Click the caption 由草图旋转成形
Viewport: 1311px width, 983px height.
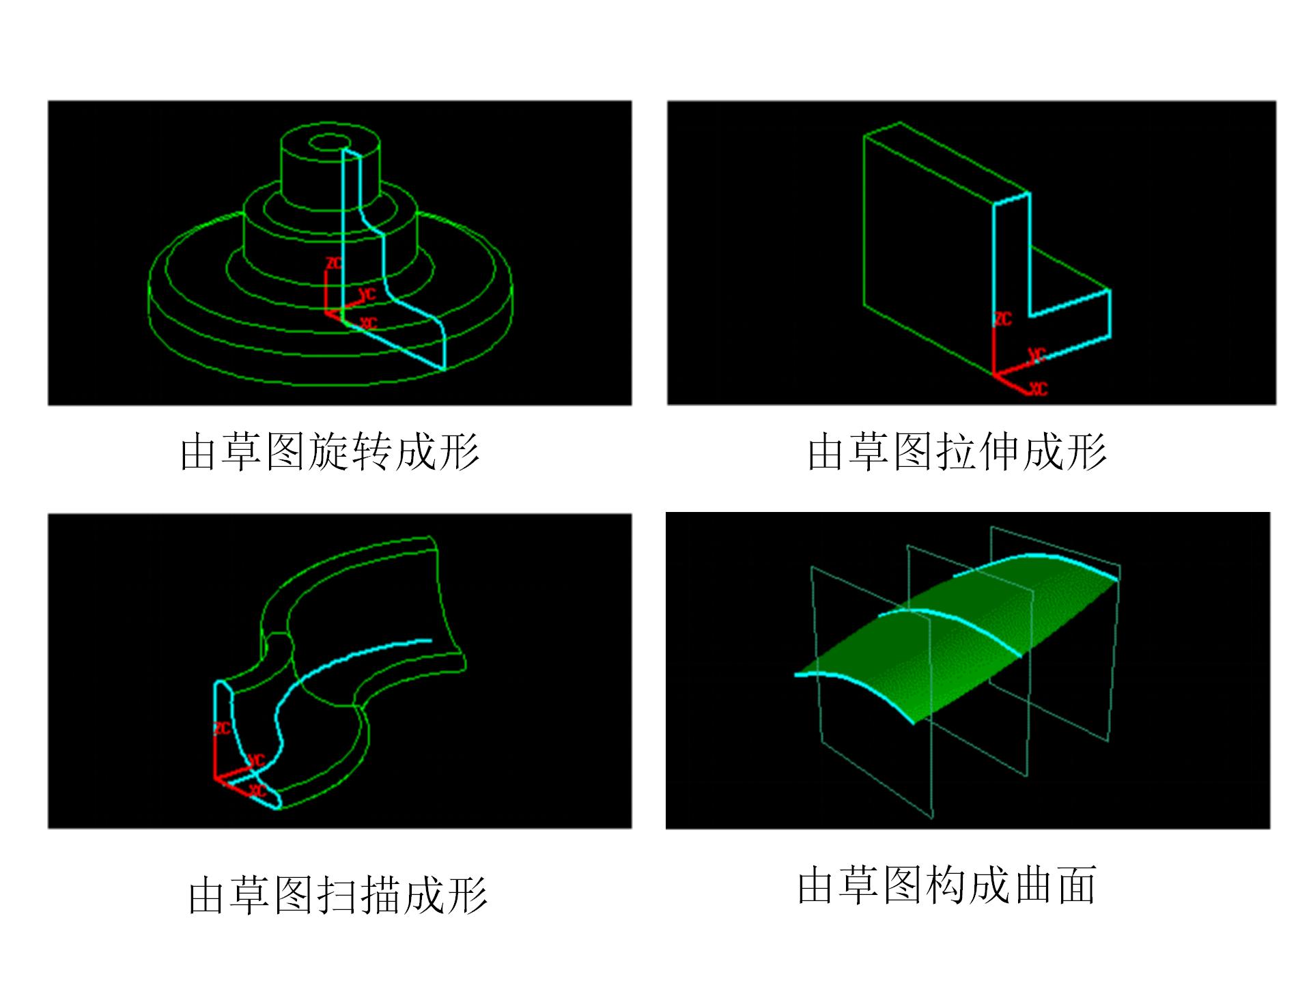pyautogui.click(x=329, y=451)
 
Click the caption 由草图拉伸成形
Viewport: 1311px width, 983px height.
pyautogui.click(x=956, y=451)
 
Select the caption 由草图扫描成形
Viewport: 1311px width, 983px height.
pyautogui.click(x=337, y=895)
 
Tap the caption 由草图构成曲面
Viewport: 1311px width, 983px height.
pyautogui.click(x=946, y=885)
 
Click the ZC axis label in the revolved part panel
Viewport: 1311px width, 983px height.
pyautogui.click(x=334, y=263)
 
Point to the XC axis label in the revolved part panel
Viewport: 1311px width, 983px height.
pyautogui.click(x=369, y=322)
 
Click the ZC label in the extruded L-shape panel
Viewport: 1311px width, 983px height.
pyautogui.click(x=1003, y=319)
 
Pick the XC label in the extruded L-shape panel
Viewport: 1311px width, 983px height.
pyautogui.click(x=1039, y=389)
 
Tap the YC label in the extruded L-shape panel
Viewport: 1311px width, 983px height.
pyautogui.click(x=1037, y=356)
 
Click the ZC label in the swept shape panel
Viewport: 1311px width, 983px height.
pyautogui.click(x=222, y=728)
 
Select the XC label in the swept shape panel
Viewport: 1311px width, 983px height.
pyautogui.click(x=257, y=790)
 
